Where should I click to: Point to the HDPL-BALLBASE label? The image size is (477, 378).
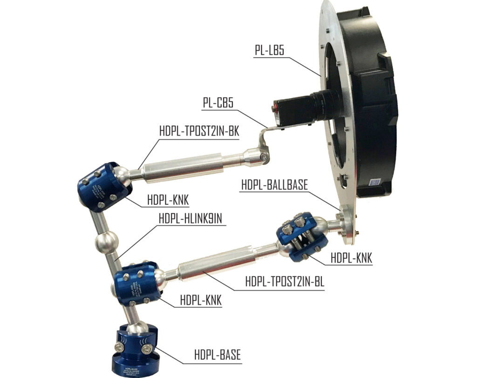pyautogui.click(x=274, y=184)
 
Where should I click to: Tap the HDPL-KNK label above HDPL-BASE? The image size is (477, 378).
pyautogui.click(x=201, y=300)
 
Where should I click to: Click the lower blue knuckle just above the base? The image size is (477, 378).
pyautogui.click(x=137, y=283)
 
